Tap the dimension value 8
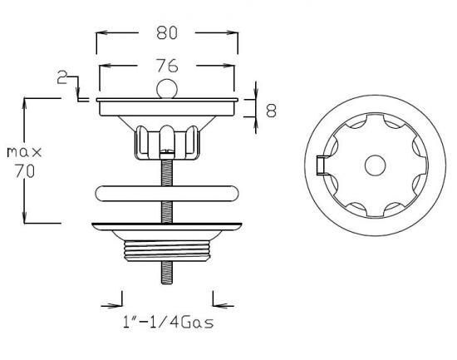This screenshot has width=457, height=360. click(270, 110)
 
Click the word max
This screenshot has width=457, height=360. click(25, 152)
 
